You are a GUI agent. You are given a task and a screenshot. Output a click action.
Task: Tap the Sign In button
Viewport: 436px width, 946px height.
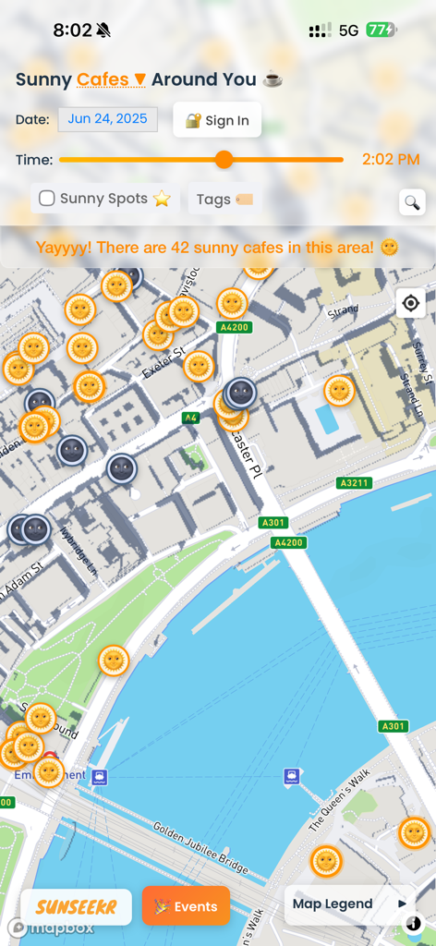click(x=217, y=120)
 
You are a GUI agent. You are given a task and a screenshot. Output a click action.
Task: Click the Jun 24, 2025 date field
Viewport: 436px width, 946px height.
click(x=108, y=119)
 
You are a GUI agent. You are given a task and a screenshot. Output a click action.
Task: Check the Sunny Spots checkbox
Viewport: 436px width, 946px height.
click(x=46, y=199)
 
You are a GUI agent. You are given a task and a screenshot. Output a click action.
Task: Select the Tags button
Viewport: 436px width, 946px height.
click(x=224, y=200)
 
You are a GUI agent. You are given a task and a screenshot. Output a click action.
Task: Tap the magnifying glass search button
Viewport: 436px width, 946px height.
click(x=412, y=202)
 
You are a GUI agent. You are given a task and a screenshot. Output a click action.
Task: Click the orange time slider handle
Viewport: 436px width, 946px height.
click(x=224, y=160)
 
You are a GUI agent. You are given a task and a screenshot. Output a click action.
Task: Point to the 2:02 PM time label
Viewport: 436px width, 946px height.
click(x=391, y=160)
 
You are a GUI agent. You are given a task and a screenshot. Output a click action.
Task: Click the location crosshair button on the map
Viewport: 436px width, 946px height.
click(x=411, y=303)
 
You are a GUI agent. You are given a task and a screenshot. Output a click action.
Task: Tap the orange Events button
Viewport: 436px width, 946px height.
click(x=186, y=906)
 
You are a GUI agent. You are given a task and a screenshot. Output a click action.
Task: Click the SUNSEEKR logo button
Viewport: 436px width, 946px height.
click(x=76, y=907)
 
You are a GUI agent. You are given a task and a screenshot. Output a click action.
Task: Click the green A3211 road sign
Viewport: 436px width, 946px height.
click(x=355, y=482)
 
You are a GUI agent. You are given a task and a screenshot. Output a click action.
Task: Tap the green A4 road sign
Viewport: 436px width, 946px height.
click(x=191, y=418)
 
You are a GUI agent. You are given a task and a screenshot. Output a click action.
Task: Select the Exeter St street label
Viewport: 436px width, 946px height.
click(x=163, y=363)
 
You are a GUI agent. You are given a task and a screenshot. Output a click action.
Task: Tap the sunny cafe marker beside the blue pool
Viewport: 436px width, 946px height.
click(x=339, y=391)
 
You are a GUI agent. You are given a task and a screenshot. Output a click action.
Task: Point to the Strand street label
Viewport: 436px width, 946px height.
click(x=343, y=311)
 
